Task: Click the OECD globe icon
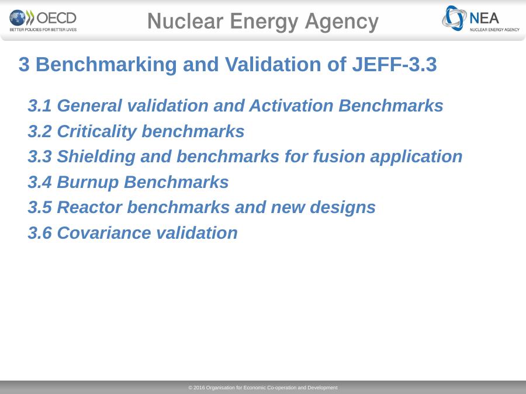(18, 18)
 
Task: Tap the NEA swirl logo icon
(454, 18)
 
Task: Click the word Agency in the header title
(341, 22)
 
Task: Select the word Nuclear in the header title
(185, 21)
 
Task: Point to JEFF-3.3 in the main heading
(394, 64)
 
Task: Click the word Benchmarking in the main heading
(106, 65)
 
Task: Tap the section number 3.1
(40, 106)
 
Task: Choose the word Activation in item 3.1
(291, 106)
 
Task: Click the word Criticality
(97, 131)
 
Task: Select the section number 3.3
(40, 156)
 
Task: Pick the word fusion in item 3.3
(339, 156)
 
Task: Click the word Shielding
(96, 157)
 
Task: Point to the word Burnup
(88, 183)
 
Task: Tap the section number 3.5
(40, 207)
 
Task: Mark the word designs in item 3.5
(342, 208)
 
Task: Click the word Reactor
(89, 207)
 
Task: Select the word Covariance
(104, 233)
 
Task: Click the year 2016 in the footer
(199, 388)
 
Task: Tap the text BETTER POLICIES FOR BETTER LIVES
(43, 30)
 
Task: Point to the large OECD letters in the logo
(56, 18)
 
